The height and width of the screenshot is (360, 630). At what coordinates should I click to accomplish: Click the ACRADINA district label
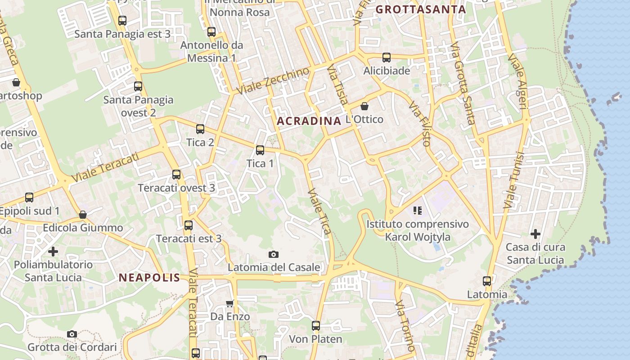click(x=309, y=121)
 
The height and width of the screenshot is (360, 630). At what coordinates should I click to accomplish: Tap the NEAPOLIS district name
click(x=149, y=278)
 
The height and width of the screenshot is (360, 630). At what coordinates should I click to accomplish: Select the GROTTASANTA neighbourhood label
click(x=420, y=9)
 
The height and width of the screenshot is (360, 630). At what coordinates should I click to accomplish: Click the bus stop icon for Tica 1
click(x=260, y=150)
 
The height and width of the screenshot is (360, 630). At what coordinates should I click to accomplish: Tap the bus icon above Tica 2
click(x=200, y=129)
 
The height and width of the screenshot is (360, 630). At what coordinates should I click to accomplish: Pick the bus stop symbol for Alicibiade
click(x=387, y=58)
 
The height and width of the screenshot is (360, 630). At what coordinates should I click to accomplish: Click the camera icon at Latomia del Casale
click(x=273, y=255)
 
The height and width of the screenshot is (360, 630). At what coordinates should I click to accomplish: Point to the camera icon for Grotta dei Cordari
click(x=72, y=334)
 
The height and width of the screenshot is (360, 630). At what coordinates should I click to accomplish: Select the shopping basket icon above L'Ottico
click(x=364, y=106)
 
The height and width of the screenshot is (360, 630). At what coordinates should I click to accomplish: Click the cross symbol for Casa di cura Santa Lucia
click(x=535, y=234)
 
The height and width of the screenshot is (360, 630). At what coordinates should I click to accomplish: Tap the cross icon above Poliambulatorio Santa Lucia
click(x=53, y=252)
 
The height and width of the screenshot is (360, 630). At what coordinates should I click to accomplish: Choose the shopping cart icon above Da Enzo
click(x=230, y=303)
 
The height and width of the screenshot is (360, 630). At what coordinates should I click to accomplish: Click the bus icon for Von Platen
click(x=316, y=325)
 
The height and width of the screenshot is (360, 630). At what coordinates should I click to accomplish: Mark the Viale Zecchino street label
click(x=273, y=81)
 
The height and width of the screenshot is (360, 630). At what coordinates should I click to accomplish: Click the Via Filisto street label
click(x=420, y=124)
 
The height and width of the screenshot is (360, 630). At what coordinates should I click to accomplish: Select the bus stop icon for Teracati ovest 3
click(x=176, y=175)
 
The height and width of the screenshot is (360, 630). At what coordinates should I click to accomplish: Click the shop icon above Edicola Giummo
click(x=83, y=215)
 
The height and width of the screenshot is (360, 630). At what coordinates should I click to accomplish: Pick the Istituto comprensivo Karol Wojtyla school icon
click(x=417, y=210)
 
